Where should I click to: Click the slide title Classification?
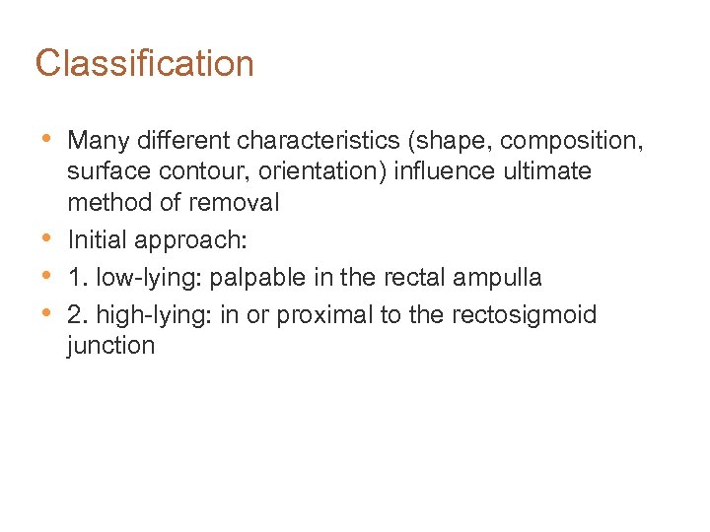click(x=145, y=64)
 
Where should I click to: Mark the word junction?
click(x=111, y=347)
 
